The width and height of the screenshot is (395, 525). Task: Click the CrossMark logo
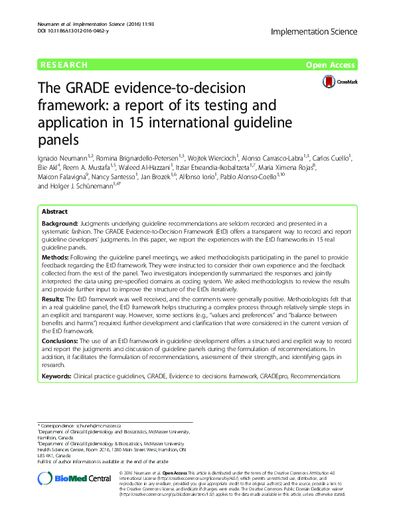[338, 81]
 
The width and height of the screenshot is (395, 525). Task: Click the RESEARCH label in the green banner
[64, 64]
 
